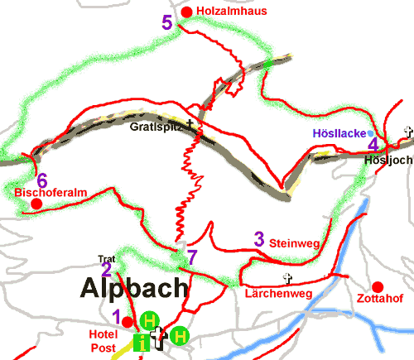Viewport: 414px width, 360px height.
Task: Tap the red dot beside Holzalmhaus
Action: click(186, 12)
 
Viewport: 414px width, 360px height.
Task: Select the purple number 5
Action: click(167, 22)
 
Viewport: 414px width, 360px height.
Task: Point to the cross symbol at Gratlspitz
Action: click(190, 125)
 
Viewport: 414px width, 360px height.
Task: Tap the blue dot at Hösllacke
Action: click(370, 132)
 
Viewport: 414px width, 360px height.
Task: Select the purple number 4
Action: click(373, 143)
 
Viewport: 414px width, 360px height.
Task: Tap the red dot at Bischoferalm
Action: click(36, 204)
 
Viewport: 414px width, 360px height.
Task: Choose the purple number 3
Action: click(258, 240)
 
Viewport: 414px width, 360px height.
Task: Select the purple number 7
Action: click(192, 257)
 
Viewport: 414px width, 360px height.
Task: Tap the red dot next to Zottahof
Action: click(378, 286)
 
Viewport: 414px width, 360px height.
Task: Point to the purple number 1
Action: click(117, 315)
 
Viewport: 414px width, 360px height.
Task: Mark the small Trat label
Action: click(106, 258)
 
